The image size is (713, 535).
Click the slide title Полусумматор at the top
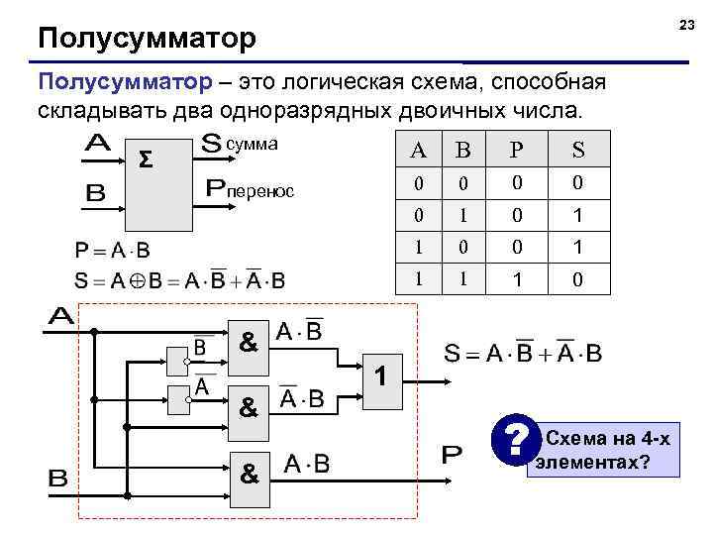click(x=147, y=40)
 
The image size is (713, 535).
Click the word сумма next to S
click(x=252, y=145)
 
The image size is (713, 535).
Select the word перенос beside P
click(x=262, y=188)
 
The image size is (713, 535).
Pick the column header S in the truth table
click(x=577, y=152)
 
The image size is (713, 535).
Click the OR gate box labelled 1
click(x=384, y=376)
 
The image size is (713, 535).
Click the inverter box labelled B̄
click(x=181, y=347)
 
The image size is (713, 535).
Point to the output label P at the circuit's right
click(x=451, y=457)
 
